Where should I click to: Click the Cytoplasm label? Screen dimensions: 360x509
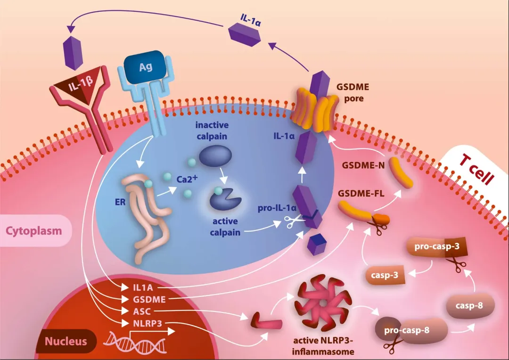tap(33, 231)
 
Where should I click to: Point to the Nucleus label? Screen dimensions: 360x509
tap(66, 341)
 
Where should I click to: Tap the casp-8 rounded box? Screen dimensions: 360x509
tap(469, 305)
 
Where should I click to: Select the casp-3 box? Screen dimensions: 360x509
tap(386, 275)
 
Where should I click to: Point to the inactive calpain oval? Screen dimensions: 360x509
tap(215, 156)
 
